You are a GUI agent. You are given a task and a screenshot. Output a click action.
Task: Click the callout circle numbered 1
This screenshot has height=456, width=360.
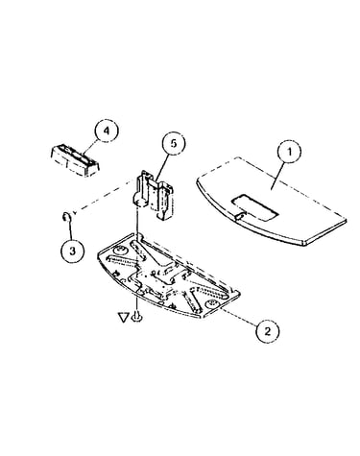point(289,152)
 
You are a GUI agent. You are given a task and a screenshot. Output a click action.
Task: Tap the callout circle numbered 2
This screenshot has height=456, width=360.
point(267,330)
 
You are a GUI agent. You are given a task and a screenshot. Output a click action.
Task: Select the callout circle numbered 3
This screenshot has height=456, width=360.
point(73,251)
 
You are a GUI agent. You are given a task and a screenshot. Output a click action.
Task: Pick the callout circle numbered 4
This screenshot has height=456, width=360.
point(107,131)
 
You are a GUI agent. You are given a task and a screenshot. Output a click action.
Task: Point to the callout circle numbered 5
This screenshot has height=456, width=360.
point(174,143)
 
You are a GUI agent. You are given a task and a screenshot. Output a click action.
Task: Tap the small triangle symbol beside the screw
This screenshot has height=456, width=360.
point(124,318)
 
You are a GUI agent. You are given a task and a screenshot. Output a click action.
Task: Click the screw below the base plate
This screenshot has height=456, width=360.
point(137,316)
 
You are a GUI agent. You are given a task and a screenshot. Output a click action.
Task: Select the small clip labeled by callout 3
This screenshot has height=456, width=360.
point(64,217)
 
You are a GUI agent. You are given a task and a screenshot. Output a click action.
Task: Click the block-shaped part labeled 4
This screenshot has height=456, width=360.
point(75,161)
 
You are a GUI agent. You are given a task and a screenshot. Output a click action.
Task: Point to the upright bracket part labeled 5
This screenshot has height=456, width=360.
point(154,195)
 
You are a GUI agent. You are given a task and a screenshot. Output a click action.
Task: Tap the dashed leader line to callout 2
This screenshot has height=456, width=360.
point(239,317)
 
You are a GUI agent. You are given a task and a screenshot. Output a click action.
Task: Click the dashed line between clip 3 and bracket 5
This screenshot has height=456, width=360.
point(104,196)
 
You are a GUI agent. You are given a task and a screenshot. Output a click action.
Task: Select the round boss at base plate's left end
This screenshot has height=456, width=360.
point(120,250)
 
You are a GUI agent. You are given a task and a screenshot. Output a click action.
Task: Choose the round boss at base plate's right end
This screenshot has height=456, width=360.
point(211,304)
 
